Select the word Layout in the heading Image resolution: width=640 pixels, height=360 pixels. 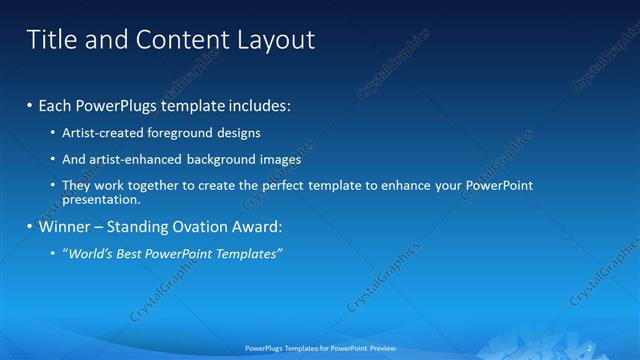click(x=274, y=40)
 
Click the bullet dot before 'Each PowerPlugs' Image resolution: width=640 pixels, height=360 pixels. click(x=30, y=105)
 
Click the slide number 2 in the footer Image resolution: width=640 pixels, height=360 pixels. click(x=593, y=347)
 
